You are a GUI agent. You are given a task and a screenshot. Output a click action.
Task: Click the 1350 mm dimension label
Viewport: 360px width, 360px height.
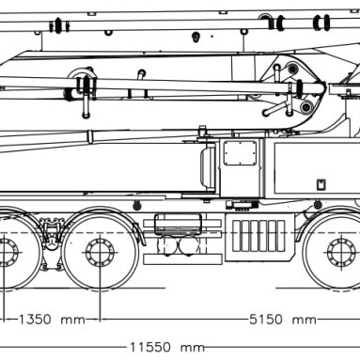52,320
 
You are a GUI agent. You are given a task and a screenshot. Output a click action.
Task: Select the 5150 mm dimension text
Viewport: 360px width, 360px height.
283,320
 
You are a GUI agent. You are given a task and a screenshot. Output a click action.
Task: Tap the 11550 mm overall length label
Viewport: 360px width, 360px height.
167,347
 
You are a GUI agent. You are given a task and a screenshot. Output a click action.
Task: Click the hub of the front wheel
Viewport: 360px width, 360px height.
341,252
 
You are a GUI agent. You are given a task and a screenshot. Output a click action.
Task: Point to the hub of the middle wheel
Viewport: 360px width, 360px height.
100,252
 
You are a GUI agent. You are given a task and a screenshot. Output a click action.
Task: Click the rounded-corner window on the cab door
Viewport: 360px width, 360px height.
241,153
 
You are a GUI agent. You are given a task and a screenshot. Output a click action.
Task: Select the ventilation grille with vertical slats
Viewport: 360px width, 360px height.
258,236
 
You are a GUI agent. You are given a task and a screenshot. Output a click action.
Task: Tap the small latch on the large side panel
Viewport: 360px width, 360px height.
321,184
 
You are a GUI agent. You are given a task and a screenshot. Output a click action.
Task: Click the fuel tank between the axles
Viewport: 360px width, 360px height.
178,224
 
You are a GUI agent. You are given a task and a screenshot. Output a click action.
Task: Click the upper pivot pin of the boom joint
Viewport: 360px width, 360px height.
292,69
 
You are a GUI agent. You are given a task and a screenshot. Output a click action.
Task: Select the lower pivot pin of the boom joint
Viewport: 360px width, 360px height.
306,107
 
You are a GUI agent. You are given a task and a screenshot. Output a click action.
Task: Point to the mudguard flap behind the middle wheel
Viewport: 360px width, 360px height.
140,233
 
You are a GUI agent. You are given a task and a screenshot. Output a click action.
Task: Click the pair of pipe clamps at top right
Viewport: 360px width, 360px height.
321,23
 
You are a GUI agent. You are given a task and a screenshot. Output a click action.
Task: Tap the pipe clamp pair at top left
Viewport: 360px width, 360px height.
58,25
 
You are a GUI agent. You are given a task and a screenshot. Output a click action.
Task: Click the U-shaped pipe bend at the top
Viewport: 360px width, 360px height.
266,21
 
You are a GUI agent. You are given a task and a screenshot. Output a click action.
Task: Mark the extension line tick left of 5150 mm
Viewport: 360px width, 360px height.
100,320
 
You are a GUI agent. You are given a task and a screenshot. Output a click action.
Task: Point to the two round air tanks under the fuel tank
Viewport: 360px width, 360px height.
179,245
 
